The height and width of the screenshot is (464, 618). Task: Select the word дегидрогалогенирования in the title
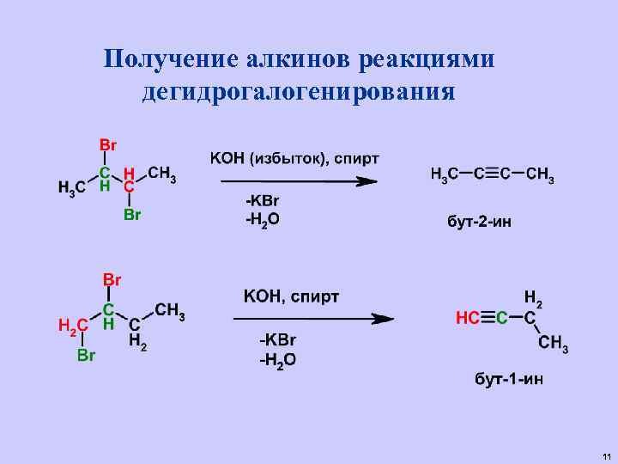click(x=298, y=91)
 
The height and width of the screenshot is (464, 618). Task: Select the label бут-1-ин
click(x=510, y=379)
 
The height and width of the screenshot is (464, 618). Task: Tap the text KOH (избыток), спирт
click(x=294, y=158)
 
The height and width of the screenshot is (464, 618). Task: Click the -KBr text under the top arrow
click(x=263, y=200)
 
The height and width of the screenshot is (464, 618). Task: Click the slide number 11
click(x=606, y=455)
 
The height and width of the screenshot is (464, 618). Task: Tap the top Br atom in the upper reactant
click(x=109, y=143)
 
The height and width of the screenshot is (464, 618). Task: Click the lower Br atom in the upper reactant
click(x=132, y=215)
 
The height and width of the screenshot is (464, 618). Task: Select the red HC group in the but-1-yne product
click(x=469, y=318)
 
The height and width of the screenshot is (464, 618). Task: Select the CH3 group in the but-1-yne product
click(x=553, y=345)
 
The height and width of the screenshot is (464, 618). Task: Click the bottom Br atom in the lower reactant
click(x=86, y=354)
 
